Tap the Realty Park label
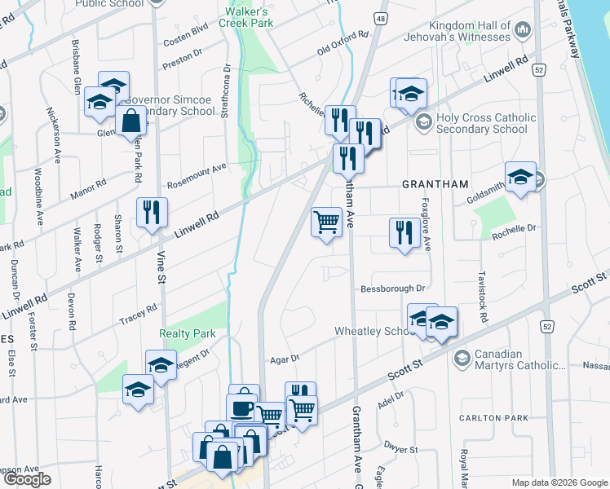tap(188, 333)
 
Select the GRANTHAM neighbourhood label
tap(433, 185)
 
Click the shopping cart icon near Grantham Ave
tap(326, 221)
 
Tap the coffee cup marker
tap(243, 407)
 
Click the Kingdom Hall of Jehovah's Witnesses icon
tap(523, 30)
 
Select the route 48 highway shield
tap(381, 16)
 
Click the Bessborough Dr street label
tap(393, 289)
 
